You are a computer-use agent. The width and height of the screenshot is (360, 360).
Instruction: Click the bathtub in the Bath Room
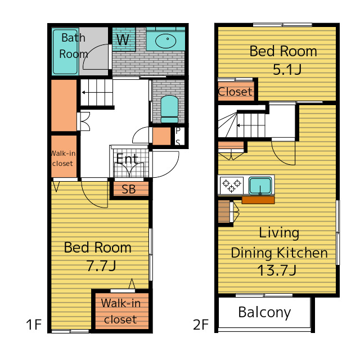(65, 52)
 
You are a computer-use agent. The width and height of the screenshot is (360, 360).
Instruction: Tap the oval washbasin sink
(165, 41)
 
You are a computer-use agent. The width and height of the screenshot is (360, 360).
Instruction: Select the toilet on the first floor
(169, 109)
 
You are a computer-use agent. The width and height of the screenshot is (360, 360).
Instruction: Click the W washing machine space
(123, 39)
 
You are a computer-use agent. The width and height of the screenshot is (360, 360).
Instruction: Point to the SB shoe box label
(129, 189)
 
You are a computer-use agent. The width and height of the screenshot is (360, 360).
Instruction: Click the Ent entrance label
(127, 159)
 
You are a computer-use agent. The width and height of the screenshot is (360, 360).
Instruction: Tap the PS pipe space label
(178, 137)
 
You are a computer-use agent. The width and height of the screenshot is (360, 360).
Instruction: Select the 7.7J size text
(101, 265)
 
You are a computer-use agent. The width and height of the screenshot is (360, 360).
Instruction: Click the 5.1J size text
(287, 69)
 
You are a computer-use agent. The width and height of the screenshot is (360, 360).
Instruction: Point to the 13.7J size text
(277, 270)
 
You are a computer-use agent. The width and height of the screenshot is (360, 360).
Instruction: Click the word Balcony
(264, 313)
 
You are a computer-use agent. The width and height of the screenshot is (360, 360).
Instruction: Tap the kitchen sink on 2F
(260, 186)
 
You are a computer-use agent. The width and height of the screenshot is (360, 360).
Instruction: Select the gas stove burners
(232, 185)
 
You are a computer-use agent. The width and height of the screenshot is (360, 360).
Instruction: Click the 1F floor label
(34, 325)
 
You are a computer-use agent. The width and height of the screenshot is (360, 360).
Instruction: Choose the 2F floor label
(201, 325)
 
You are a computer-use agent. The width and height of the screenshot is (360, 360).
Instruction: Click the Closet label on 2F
(235, 92)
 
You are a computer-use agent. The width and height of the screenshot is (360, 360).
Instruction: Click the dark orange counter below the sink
(258, 200)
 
